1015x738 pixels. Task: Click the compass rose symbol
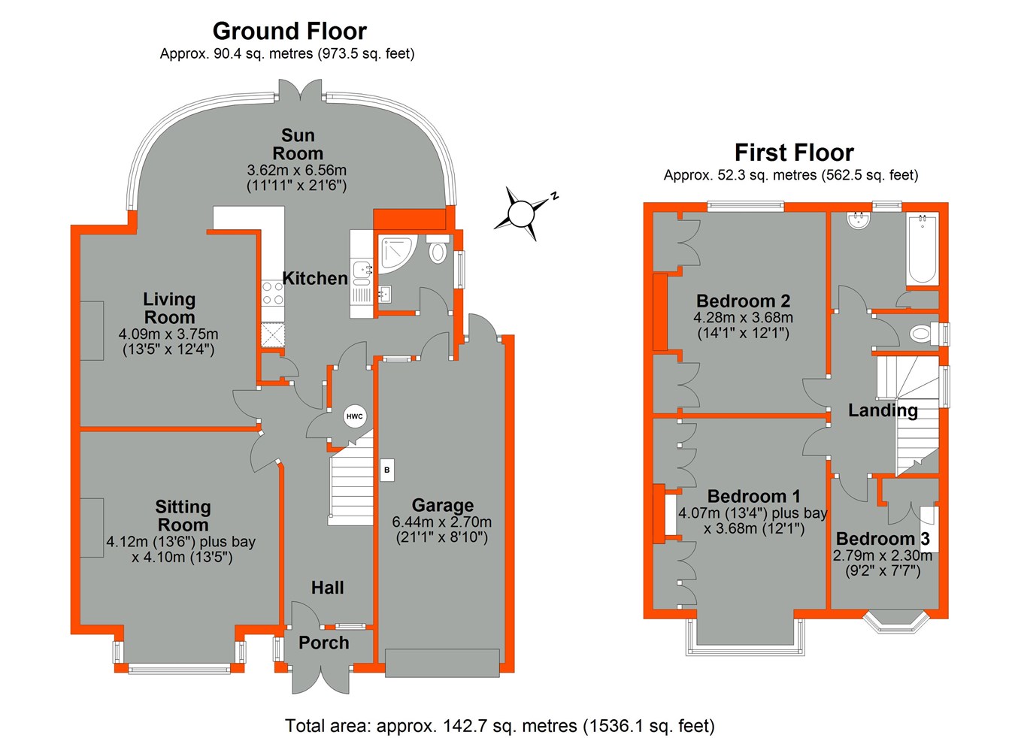coord(521,214)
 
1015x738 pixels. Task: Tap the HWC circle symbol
coord(354,416)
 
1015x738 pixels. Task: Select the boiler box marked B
coord(387,470)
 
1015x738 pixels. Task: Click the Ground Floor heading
coord(289,31)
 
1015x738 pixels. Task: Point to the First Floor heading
coord(794,153)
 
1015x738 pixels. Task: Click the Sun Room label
coord(298,144)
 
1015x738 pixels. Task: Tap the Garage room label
coord(443,505)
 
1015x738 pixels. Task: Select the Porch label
coord(324,643)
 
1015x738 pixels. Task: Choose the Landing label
coord(883,410)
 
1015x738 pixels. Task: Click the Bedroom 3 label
coord(883,539)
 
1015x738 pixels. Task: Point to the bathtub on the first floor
coord(922,249)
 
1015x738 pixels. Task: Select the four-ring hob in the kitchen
coord(272,292)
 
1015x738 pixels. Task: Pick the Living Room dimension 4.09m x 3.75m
coord(168,334)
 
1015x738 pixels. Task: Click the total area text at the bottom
coord(499,725)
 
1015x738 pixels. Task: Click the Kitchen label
coord(315,278)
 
